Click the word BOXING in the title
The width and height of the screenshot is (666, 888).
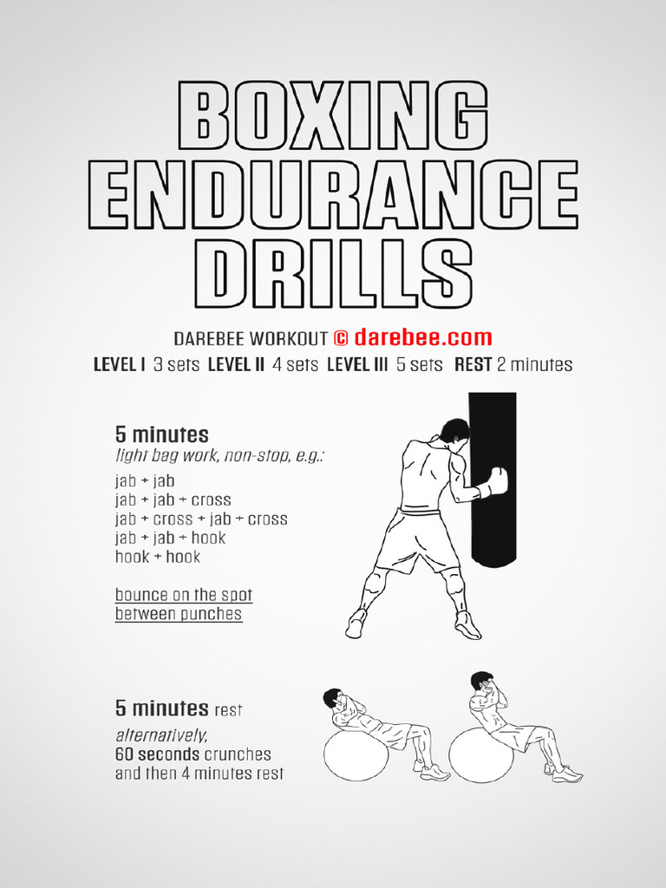[332, 114]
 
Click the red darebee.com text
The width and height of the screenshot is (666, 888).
[422, 338]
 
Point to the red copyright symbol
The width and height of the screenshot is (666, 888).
[341, 338]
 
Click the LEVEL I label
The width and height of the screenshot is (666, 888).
[119, 365]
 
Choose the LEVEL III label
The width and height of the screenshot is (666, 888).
[356, 365]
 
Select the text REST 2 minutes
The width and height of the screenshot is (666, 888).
[513, 365]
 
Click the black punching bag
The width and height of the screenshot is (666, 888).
[493, 486]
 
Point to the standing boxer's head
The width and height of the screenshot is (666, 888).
[454, 431]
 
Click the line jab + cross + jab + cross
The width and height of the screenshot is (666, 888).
[201, 519]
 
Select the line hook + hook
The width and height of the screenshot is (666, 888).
[158, 558]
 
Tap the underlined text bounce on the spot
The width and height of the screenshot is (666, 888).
[184, 596]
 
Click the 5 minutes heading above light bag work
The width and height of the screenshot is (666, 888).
[161, 434]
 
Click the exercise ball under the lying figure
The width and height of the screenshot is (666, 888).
[356, 754]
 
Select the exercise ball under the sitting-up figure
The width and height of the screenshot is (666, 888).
[480, 754]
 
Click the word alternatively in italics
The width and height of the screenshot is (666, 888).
[162, 735]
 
